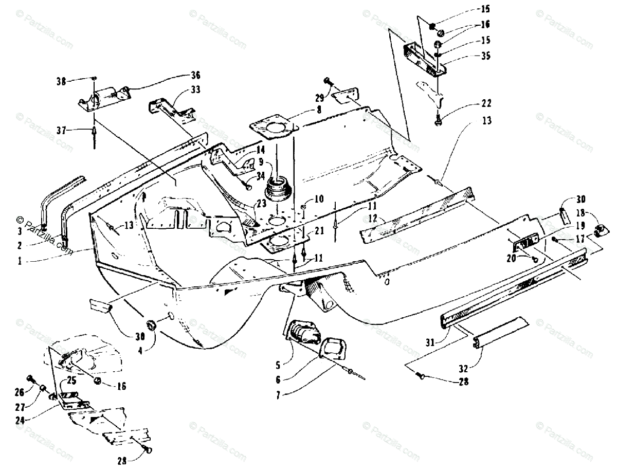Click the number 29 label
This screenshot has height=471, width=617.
click(x=318, y=97)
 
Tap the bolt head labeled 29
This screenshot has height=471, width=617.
click(x=328, y=81)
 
